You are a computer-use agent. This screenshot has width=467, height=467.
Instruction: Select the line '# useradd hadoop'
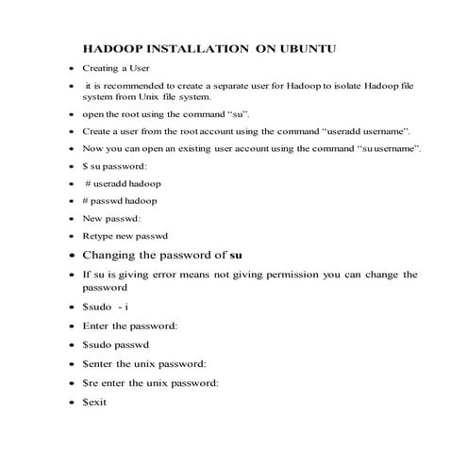click(122, 184)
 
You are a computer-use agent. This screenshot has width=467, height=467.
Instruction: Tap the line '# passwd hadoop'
click(120, 201)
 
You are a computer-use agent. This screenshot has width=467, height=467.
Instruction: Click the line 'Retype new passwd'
click(123, 236)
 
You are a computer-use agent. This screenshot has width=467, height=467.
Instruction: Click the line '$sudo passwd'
click(117, 344)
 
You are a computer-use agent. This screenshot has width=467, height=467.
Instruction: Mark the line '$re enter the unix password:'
click(150, 383)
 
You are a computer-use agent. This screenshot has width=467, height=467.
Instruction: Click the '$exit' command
click(95, 402)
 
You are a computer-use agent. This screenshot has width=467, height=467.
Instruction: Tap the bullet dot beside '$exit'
click(72, 403)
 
